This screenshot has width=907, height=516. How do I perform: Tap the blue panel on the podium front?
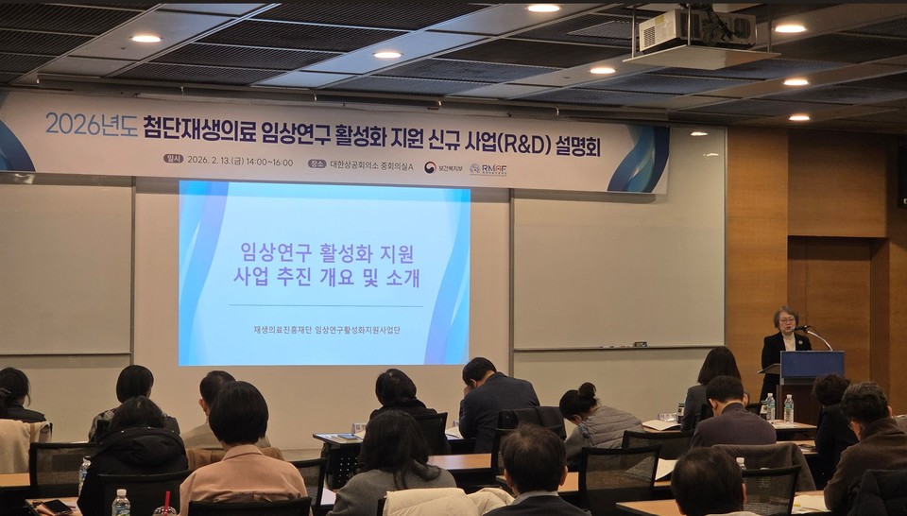(x=812, y=365)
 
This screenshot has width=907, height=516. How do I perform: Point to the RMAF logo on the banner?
(x=488, y=169)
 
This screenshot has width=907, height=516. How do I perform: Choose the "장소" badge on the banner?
(x=317, y=163)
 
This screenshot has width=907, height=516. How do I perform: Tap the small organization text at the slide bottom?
(x=326, y=330)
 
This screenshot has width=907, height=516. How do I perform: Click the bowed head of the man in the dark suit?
(x=479, y=370)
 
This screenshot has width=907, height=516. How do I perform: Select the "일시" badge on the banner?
(x=173, y=159)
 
